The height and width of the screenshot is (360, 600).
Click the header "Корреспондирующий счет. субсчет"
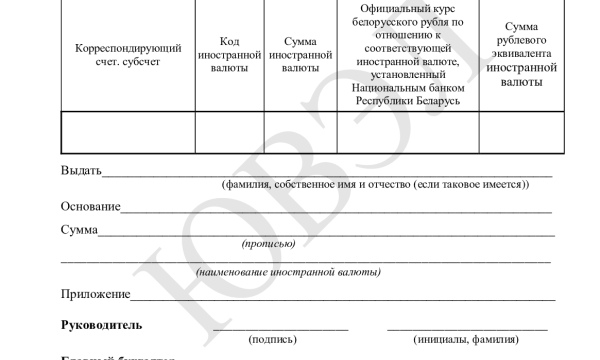point(127,56)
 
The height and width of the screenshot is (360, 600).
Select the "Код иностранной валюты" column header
point(229,56)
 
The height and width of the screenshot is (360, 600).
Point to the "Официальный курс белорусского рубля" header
point(407,56)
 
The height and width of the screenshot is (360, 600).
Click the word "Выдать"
point(81,170)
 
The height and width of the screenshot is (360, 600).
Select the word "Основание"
point(91,207)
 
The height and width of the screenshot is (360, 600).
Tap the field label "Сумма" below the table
point(79,231)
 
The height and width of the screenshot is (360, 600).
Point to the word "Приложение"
point(96,294)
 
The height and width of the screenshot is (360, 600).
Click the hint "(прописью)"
point(268,244)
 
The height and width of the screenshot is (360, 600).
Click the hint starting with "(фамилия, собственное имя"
point(375,185)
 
